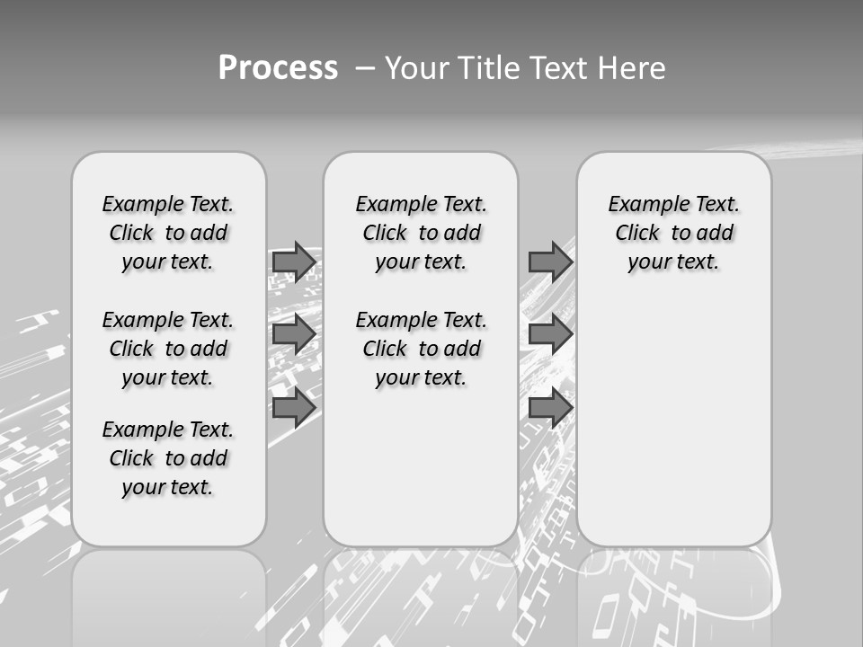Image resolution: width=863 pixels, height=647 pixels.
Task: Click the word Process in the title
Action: (278, 68)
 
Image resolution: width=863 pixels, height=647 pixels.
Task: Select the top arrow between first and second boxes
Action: (294, 261)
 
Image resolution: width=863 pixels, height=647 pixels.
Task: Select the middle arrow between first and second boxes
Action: (294, 335)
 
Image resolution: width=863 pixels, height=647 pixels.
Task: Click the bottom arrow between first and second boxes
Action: (294, 408)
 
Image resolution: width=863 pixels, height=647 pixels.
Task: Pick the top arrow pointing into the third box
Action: (550, 261)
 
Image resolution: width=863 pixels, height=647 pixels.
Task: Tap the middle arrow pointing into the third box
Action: (550, 335)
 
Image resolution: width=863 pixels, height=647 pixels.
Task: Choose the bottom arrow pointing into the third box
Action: (550, 408)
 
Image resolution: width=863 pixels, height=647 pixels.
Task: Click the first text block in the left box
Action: (168, 233)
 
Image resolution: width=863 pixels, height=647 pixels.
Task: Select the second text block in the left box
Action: (168, 349)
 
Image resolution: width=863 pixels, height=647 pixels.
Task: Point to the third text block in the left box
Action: (168, 458)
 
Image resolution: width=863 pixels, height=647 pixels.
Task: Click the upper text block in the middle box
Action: (421, 233)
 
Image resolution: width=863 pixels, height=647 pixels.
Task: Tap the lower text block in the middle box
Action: (421, 349)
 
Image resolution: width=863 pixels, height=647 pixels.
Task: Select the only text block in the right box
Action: (674, 233)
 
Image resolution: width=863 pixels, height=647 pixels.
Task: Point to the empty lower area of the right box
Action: (674, 422)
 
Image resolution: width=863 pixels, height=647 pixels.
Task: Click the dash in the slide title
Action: (365, 68)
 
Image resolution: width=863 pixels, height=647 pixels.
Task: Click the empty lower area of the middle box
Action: (421, 467)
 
